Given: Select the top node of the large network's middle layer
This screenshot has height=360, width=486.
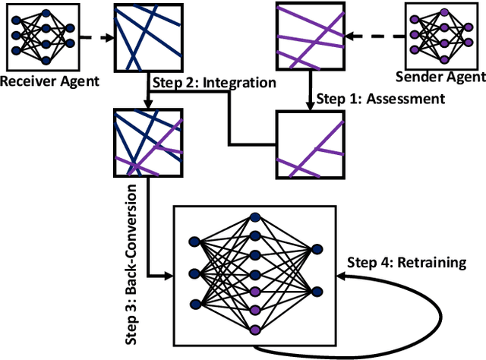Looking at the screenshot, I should (255, 216).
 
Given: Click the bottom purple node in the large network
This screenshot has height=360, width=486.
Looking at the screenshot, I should (255, 330).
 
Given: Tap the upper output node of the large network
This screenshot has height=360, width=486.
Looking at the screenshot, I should (316, 248).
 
